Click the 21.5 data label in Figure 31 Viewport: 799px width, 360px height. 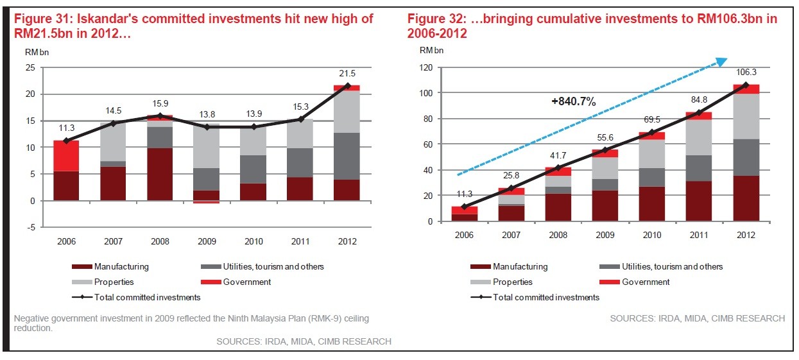(x=347, y=73)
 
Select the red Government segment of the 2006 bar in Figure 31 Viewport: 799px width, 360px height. (x=66, y=155)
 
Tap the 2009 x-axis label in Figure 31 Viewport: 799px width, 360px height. (x=207, y=241)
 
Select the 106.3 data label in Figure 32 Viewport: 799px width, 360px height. (x=746, y=73)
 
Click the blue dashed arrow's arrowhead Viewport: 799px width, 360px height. (x=721, y=62)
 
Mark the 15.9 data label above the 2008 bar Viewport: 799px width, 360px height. (x=160, y=103)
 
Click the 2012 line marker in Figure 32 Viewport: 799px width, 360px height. (x=746, y=85)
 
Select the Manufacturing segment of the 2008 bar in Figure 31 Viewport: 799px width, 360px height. (x=160, y=174)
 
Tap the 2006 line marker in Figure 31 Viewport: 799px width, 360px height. (x=66, y=141)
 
